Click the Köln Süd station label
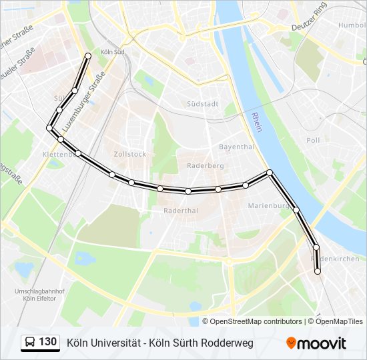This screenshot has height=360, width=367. (x=113, y=52)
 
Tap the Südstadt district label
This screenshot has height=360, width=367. (x=203, y=104)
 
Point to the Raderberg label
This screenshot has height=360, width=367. (x=206, y=165)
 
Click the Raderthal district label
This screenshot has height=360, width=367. (x=181, y=210)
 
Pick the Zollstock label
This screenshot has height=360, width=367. (x=129, y=153)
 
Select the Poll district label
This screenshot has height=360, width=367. (x=313, y=141)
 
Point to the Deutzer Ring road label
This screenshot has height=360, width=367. (x=312, y=27)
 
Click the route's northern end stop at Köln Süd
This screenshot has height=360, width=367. (x=88, y=56)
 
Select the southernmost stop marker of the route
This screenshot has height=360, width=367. (x=318, y=271)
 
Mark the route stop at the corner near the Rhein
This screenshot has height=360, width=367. (x=270, y=173)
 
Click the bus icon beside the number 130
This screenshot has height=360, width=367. (x=30, y=343)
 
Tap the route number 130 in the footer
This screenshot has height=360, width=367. (x=47, y=342)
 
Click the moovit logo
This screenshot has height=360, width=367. (x=316, y=343)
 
